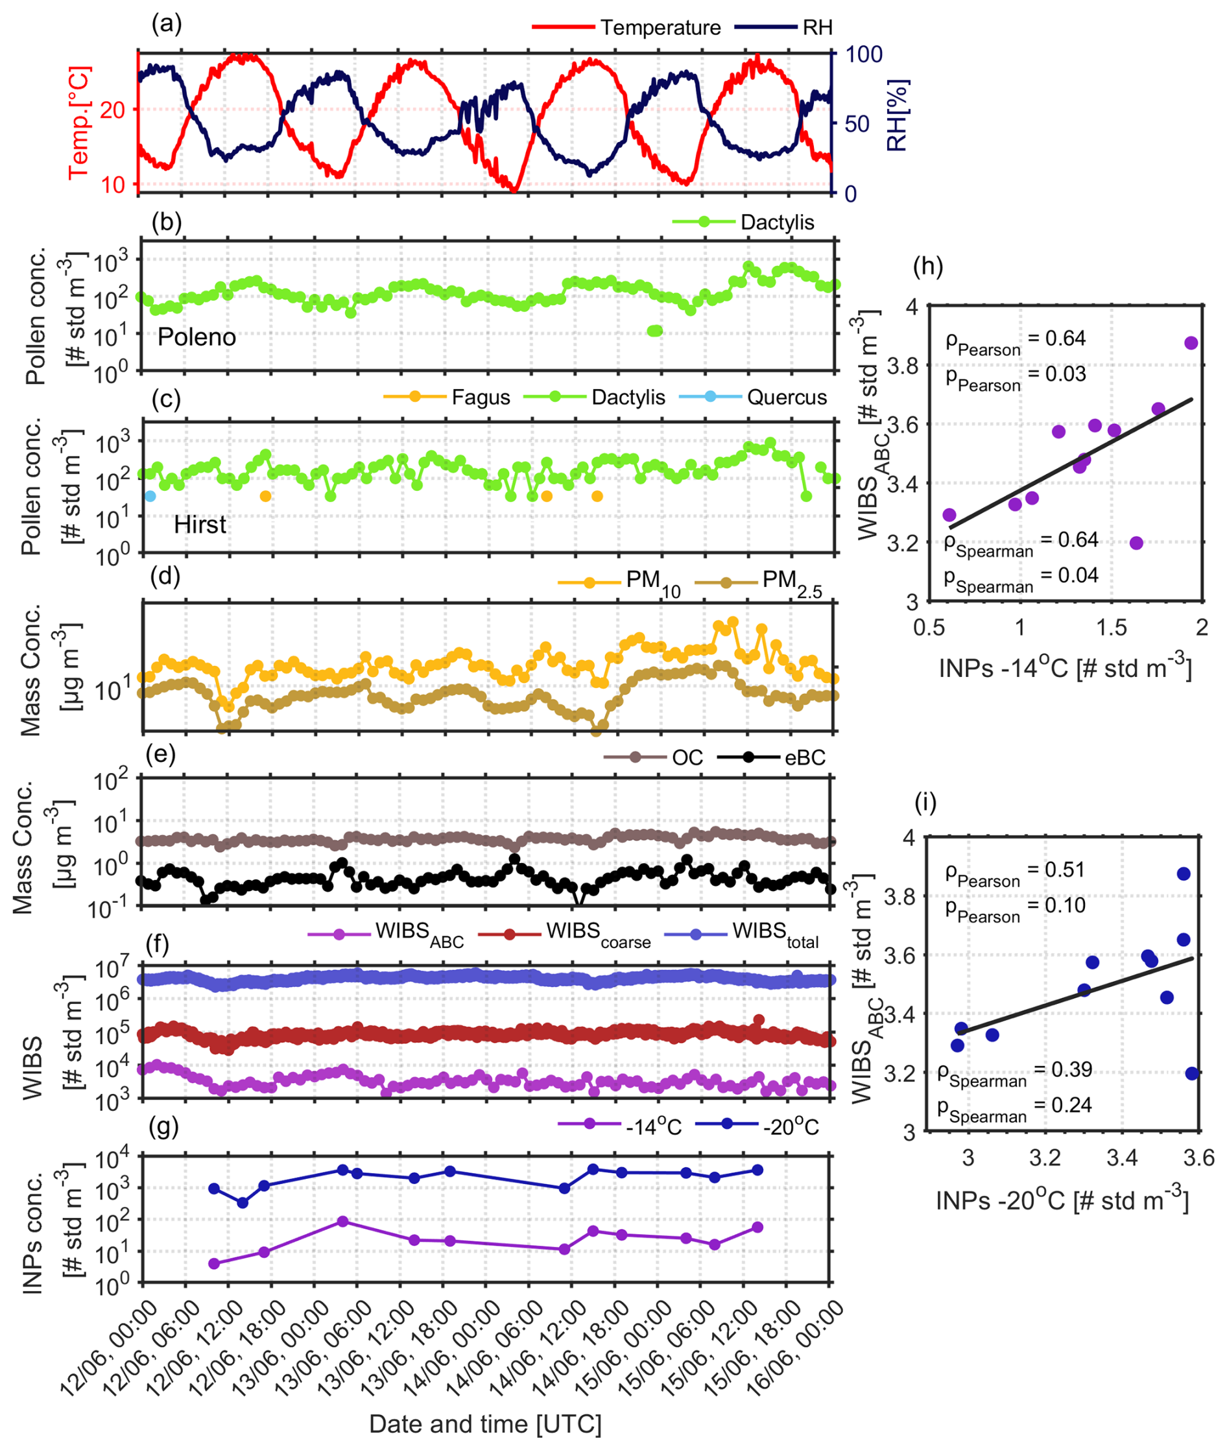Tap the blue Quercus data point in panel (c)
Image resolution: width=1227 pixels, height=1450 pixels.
[150, 496]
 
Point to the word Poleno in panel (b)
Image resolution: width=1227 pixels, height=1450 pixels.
[197, 337]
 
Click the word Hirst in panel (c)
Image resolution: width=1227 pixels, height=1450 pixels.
[200, 525]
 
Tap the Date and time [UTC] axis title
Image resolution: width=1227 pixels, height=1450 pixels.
[485, 1423]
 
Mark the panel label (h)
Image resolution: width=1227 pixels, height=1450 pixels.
[929, 267]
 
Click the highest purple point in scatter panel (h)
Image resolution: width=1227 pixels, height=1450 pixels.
[1191, 343]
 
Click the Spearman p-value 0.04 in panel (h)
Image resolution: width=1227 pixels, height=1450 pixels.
[1078, 575]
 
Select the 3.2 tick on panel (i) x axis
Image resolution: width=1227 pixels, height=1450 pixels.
[1045, 1158]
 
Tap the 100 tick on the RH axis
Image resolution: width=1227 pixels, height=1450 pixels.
[863, 55]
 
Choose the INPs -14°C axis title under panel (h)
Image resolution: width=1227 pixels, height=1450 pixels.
[1064, 669]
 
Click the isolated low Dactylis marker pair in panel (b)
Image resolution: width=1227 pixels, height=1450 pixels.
[654, 330]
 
